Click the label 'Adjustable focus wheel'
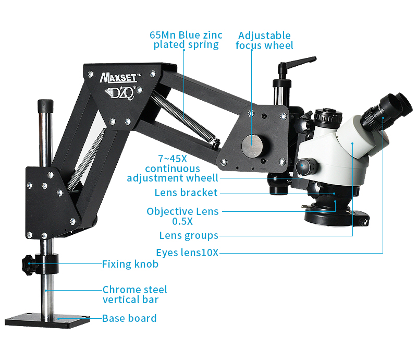(264, 41)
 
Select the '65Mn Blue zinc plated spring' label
(186, 40)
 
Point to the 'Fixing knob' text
(130, 264)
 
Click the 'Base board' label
(129, 318)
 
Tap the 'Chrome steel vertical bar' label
(134, 295)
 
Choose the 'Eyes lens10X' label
(187, 253)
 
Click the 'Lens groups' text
(189, 235)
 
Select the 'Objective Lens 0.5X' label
(182, 216)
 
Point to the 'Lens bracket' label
(186, 193)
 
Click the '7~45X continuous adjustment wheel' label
(173, 169)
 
